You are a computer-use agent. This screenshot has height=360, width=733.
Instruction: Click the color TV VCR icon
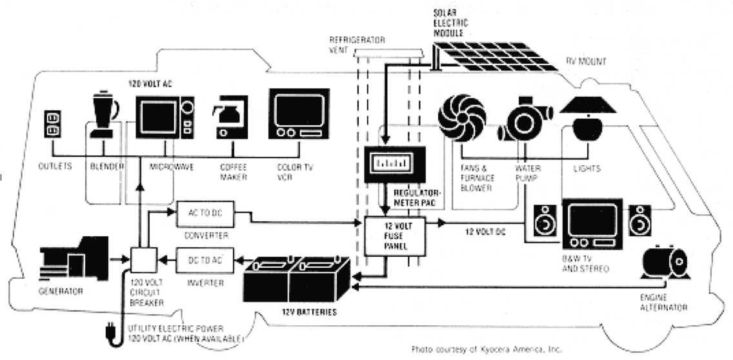point(294,114)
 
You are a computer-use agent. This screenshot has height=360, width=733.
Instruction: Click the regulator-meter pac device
point(394,165)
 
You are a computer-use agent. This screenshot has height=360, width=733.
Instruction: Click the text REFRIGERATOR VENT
point(357,44)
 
